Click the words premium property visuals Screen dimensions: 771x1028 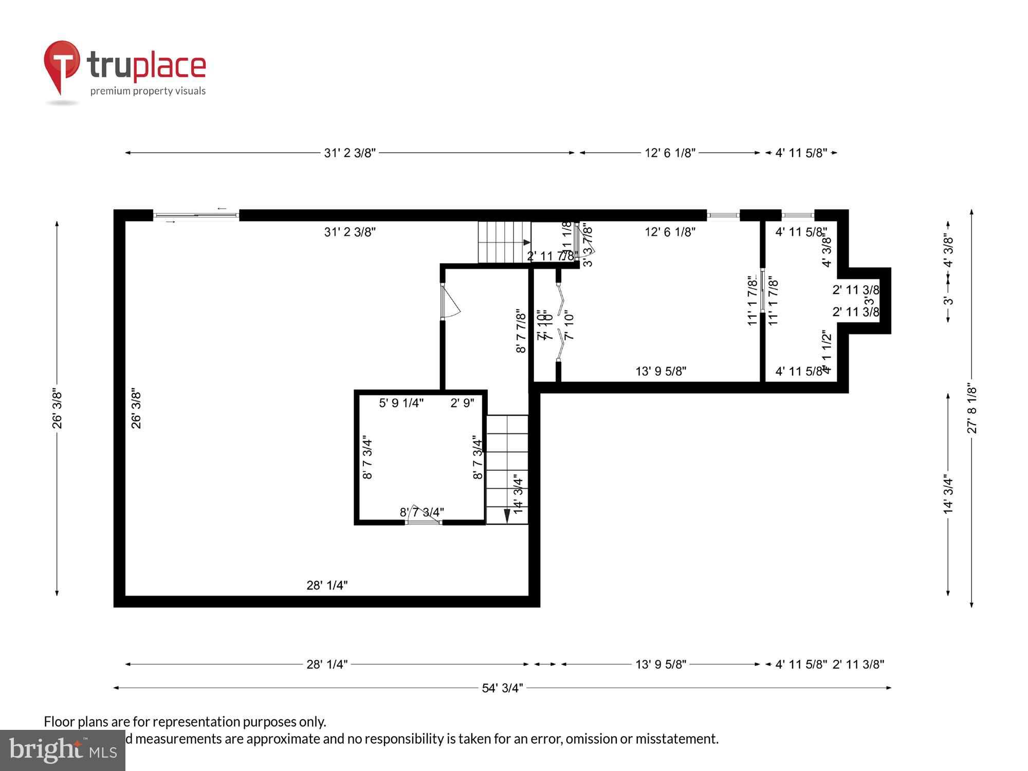tap(148, 91)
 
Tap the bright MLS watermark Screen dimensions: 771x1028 tap(62, 750)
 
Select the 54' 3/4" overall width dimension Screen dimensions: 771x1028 tap(502, 688)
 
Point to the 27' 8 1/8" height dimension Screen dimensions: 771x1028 tap(971, 409)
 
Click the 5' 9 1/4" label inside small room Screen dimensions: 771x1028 tap(401, 403)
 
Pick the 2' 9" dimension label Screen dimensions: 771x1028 tap(462, 403)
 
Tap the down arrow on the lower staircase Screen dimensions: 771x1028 tap(507, 516)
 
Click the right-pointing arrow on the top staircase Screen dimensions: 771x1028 tap(526, 242)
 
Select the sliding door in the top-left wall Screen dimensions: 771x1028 tap(196, 215)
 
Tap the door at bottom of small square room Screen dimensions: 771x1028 tap(424, 521)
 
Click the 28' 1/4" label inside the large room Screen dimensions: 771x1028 tap(327, 585)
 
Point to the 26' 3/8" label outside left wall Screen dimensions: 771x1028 tap(57, 409)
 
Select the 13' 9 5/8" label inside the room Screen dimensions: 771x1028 tap(660, 371)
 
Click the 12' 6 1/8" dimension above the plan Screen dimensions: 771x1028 tap(670, 153)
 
